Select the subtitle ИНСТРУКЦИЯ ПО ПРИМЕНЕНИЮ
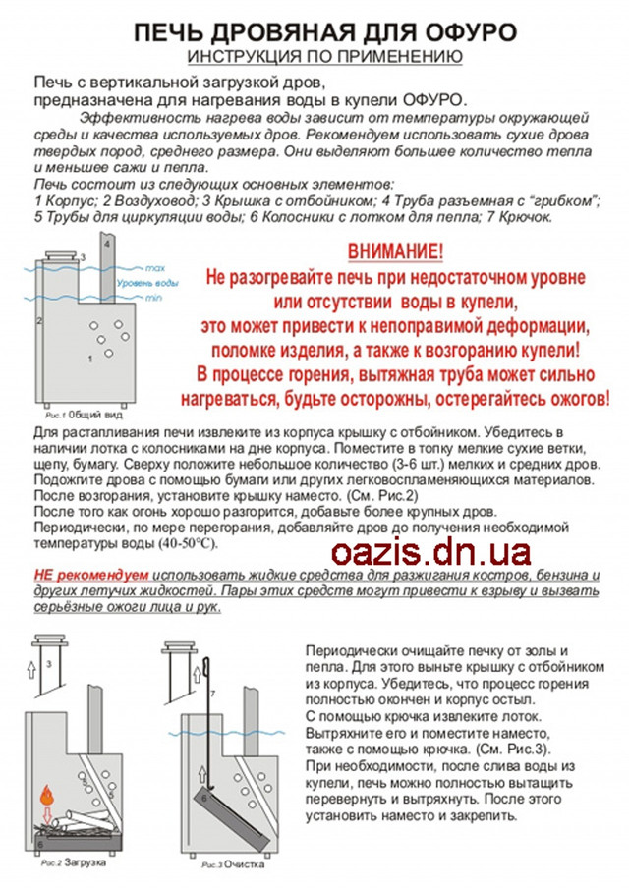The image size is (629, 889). pos(324,55)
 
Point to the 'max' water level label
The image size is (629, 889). pos(153,268)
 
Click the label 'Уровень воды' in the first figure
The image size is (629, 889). pos(147,283)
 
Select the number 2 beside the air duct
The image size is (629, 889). pos(39,321)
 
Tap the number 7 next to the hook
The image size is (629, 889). pos(210,695)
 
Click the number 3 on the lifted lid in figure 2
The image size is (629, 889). pos(48,664)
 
